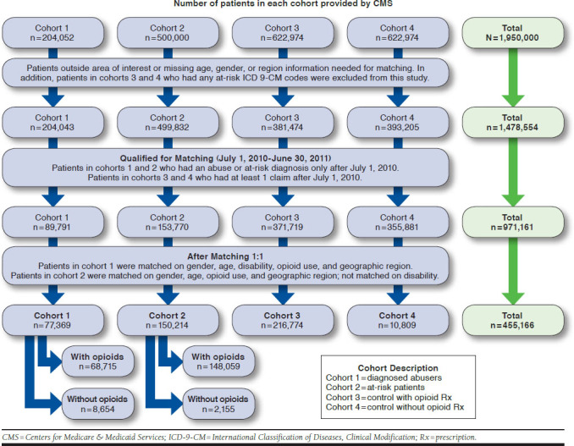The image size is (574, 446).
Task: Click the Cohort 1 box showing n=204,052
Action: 52,32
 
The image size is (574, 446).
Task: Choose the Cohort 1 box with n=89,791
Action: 52,223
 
